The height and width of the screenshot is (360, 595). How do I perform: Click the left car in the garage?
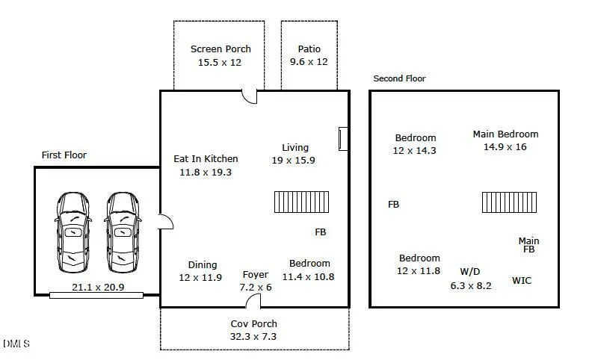click(73, 232)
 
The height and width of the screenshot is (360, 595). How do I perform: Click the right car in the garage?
click(122, 232)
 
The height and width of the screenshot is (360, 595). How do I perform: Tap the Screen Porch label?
click(221, 49)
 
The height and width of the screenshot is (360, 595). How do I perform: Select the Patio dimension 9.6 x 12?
click(309, 62)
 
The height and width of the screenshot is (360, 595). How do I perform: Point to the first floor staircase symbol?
click(302, 202)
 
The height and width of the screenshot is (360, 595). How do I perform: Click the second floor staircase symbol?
click(509, 202)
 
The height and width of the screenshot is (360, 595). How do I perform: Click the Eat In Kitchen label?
click(206, 158)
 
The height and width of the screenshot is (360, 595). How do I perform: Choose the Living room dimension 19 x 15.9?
click(293, 161)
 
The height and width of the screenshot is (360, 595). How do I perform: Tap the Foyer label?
click(256, 274)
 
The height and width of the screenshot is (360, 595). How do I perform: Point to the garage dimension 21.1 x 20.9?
click(98, 287)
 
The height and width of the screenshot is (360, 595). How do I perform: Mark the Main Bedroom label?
click(505, 134)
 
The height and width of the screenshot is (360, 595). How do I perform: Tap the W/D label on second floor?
click(470, 272)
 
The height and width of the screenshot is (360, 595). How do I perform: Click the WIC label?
click(522, 281)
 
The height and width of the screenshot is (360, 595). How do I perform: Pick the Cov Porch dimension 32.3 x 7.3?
click(253, 337)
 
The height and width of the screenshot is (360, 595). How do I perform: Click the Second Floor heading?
click(400, 78)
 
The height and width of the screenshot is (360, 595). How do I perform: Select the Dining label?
click(203, 265)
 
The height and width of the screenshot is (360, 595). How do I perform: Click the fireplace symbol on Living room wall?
click(343, 139)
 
